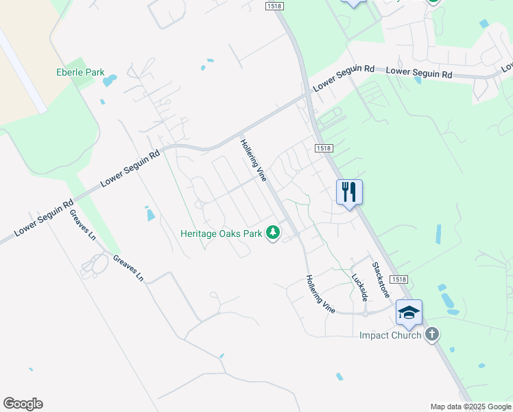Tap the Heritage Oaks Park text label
[222, 233]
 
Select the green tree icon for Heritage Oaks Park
[274, 233]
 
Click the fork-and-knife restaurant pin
[349, 192]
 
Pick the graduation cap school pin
[409, 312]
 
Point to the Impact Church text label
[390, 335]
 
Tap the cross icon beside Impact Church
[431, 334]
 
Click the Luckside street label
[359, 288]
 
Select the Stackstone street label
[381, 279]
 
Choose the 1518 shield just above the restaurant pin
[324, 148]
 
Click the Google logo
[23, 404]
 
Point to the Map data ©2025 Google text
[470, 407]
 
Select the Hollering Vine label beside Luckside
[320, 294]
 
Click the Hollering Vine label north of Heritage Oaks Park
[253, 160]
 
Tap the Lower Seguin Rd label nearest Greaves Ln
[43, 218]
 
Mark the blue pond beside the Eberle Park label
[110, 81]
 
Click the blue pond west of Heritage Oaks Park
[150, 215]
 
